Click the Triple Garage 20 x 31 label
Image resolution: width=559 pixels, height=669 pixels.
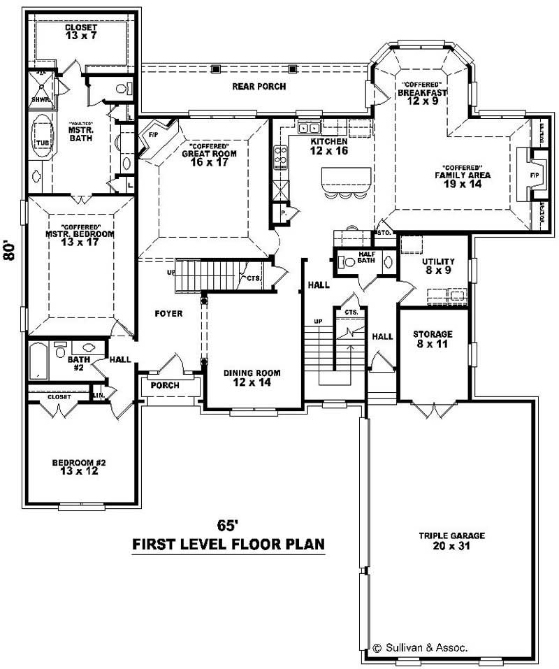[x=451, y=540]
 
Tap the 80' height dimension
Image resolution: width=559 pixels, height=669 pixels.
[x=9, y=251]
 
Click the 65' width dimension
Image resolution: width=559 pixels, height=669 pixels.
[x=228, y=526]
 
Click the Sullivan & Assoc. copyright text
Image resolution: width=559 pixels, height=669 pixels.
[x=420, y=647]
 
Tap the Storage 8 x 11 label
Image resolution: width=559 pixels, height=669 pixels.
[x=433, y=339]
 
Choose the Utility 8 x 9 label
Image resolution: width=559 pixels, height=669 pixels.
[x=438, y=266]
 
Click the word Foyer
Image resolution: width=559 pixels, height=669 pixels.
[x=168, y=314]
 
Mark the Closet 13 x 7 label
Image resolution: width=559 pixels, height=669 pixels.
[x=81, y=31]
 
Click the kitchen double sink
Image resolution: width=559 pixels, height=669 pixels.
[x=308, y=127]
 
